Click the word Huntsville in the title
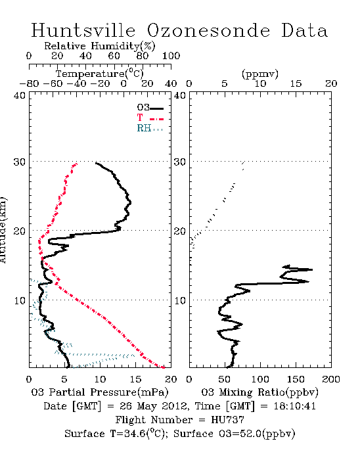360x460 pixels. (x=83, y=30)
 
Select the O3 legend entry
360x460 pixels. (x=150, y=108)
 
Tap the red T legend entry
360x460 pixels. (x=150, y=118)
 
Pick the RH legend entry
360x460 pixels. (x=150, y=128)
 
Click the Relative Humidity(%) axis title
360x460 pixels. (x=100, y=46)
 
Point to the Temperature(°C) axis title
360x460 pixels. (x=100, y=74)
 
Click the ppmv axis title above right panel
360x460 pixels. (x=260, y=74)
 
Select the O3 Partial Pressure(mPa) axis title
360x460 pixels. (x=100, y=392)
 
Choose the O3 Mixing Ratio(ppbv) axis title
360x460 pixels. (x=259, y=392)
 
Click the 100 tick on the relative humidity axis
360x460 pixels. (x=171, y=56)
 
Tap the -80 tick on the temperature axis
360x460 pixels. (x=29, y=83)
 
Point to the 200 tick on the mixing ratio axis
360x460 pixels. (x=331, y=379)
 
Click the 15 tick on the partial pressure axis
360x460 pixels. (x=135, y=379)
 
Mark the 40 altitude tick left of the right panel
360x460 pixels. (x=180, y=96)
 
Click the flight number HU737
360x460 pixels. (x=227, y=420)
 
